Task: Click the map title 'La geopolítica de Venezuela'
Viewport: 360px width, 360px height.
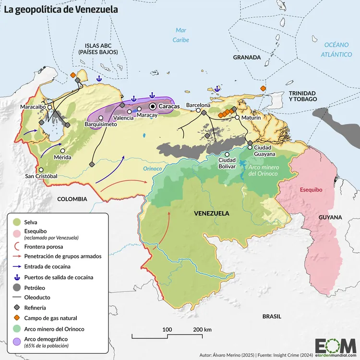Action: tap(61, 9)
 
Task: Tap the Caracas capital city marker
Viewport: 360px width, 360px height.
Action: tap(153, 106)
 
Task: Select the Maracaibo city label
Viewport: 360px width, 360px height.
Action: tap(33, 106)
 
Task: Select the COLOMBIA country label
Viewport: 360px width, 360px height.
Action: tap(72, 199)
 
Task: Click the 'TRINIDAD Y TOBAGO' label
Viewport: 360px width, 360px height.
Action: tap(302, 96)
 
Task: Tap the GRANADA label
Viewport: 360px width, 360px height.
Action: tap(247, 58)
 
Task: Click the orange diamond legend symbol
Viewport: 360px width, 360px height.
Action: tap(17, 318)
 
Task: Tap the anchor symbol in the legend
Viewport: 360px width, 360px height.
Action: tap(17, 277)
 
